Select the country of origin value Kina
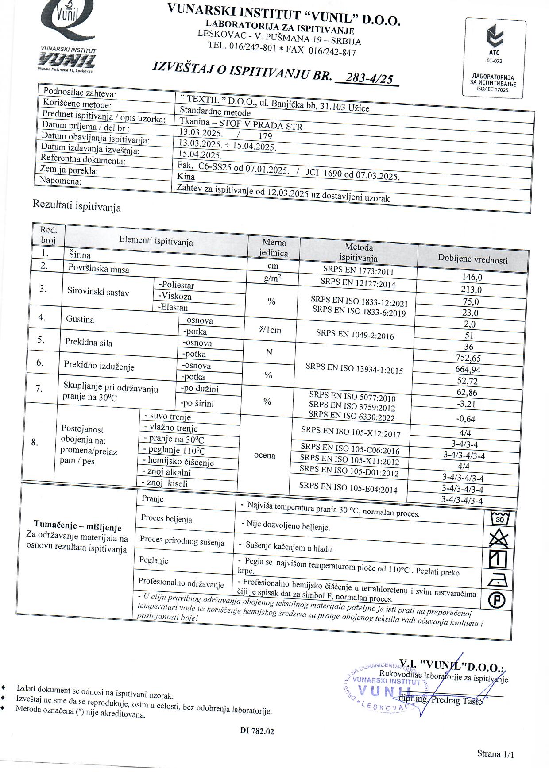point(186,176)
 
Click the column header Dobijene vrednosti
point(472,260)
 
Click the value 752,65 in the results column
point(468,358)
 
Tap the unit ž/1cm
point(269,330)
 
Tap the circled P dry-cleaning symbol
point(497,601)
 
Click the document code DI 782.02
point(257,731)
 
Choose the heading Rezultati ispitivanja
point(77,205)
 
